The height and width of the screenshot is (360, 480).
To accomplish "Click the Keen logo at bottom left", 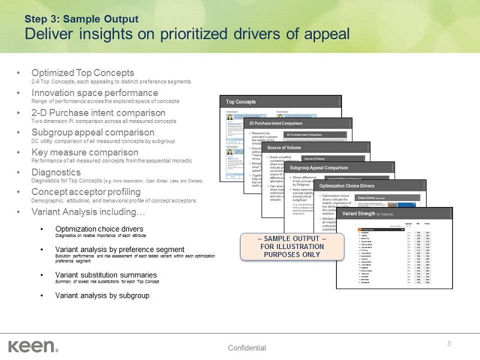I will coord(32,346).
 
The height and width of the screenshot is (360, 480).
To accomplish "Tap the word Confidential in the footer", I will coord(247,348).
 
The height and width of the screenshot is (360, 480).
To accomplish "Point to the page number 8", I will coord(449,343).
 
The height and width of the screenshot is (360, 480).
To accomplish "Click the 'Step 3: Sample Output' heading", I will coord(82,19).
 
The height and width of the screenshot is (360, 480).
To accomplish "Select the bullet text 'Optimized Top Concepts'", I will coord(82,73).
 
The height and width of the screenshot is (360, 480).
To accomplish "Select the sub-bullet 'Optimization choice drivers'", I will coord(99,229).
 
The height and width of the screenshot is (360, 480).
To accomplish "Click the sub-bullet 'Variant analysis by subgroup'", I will coord(102,295).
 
